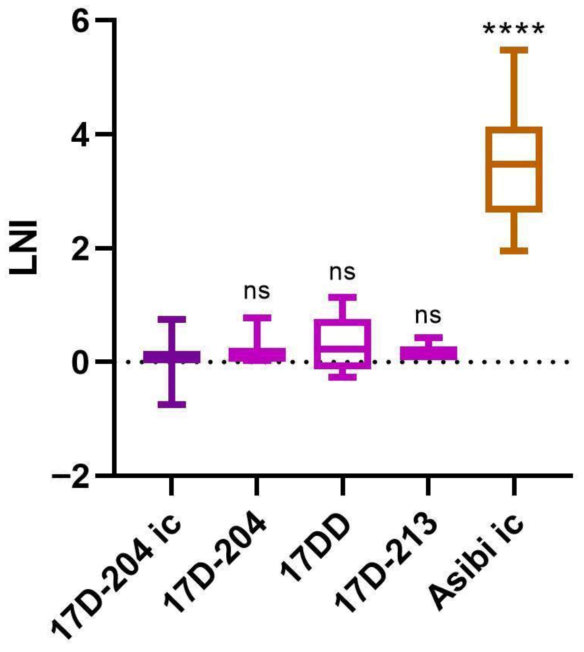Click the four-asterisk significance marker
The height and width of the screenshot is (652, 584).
514,29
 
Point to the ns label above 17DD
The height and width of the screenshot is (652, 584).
342,272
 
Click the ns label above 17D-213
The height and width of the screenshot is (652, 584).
428,316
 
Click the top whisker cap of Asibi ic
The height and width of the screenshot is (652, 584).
514,50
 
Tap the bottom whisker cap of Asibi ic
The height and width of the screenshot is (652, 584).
514,251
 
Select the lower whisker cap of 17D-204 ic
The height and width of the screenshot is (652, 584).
172,405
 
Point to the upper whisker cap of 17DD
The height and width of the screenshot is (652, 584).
343,297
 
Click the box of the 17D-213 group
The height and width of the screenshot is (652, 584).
428,353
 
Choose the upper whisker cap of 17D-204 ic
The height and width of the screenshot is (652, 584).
172,319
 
